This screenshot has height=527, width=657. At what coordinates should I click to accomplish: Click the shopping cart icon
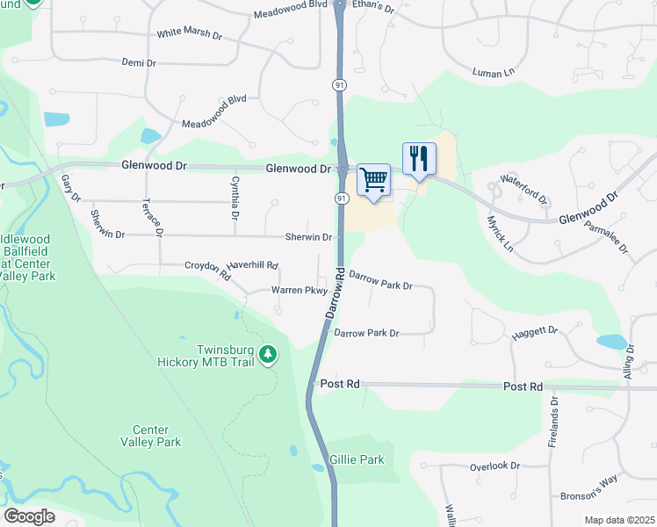pos(374,180)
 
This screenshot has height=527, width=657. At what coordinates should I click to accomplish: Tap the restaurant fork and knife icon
pos(419,159)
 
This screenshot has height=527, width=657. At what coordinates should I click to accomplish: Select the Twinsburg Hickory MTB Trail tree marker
pos(268,355)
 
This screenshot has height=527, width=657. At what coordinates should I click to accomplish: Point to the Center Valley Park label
pos(156,436)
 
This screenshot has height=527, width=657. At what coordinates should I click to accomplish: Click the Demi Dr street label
pos(139,63)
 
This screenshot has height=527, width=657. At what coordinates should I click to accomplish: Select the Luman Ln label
pos(493,72)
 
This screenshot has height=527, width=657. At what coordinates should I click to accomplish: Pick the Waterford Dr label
pos(523,188)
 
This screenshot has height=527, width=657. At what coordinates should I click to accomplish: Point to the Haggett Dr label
pos(535,331)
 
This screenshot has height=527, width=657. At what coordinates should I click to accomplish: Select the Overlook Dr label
pos(495,466)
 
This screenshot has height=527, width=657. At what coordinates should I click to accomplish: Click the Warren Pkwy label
pos(299,290)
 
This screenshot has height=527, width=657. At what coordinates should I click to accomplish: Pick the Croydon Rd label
pos(207,270)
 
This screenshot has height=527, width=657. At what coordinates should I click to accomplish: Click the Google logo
pos(29,516)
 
